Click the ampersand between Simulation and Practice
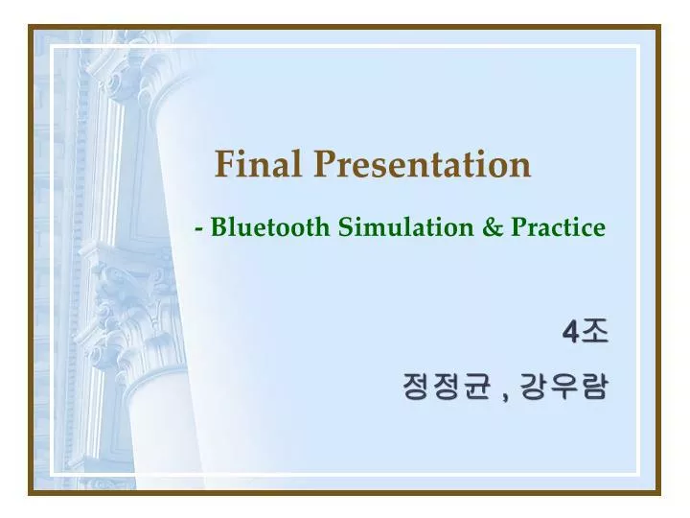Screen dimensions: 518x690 coord(493,227)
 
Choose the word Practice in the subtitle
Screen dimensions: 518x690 coord(558,227)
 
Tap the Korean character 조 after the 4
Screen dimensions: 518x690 coord(594,332)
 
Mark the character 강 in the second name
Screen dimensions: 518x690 coord(533,387)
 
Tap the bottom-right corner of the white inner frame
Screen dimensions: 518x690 coord(638,473)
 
